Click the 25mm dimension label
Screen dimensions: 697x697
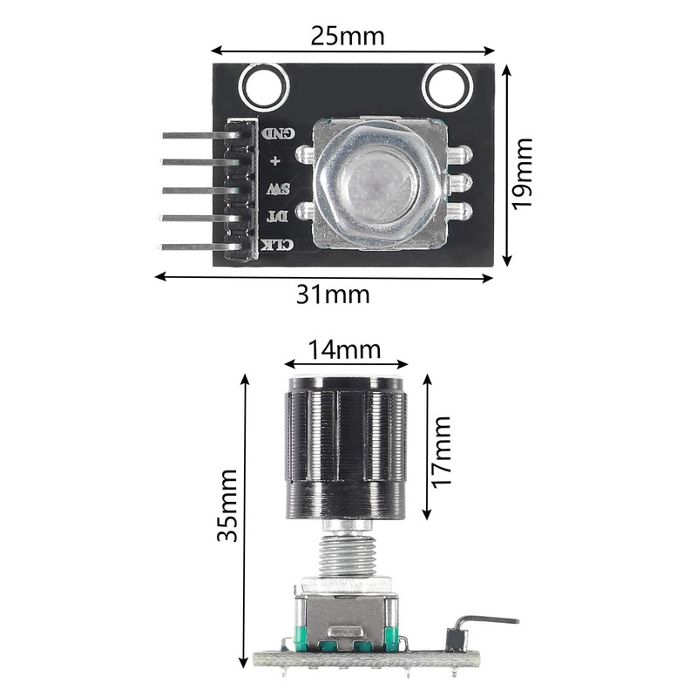tap(348, 36)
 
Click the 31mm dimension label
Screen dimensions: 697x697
tap(332, 294)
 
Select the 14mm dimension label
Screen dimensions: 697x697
tap(345, 349)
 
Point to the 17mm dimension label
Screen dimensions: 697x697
tap(443, 450)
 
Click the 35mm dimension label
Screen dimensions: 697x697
tap(228, 517)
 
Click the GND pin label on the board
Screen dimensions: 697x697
tap(279, 133)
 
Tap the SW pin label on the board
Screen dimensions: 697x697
tap(278, 188)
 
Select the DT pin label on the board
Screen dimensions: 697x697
tap(278, 215)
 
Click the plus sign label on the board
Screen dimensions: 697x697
tap(276, 161)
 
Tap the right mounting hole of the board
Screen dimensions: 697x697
tap(446, 88)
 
